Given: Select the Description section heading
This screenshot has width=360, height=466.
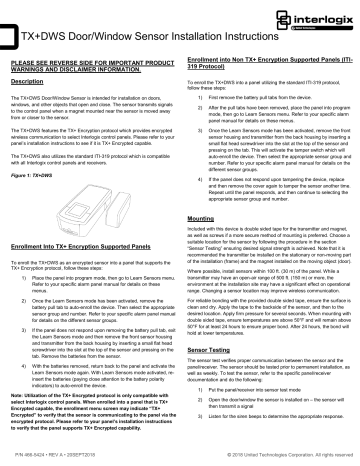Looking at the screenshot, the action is (x=39, y=80).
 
